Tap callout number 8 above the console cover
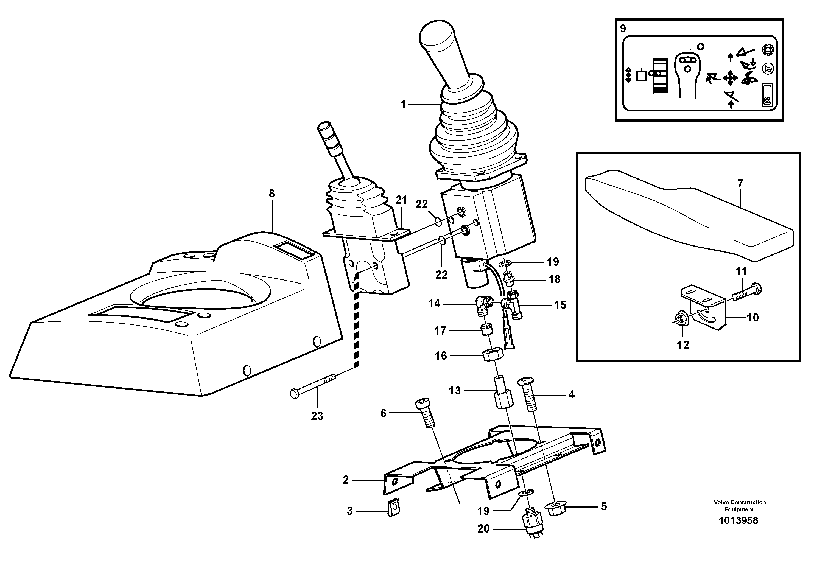[272, 194]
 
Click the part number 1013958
[738, 521]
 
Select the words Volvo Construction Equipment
[739, 506]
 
